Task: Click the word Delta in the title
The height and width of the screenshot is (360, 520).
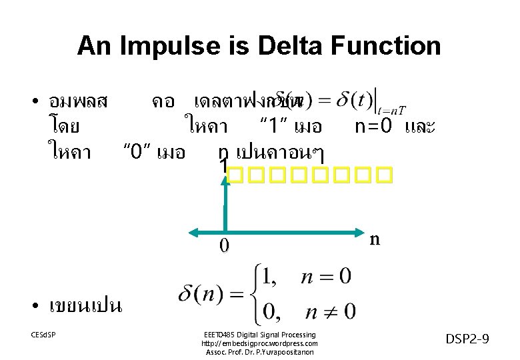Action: [x=270, y=46]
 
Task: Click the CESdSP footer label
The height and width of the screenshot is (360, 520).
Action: [x=43, y=334]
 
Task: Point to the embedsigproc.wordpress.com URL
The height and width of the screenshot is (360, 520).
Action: [x=259, y=343]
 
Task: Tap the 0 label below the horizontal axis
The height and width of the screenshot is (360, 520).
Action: [x=224, y=247]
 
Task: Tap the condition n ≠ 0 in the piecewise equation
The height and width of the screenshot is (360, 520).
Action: [x=330, y=311]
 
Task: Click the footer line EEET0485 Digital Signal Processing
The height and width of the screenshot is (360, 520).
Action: [x=259, y=334]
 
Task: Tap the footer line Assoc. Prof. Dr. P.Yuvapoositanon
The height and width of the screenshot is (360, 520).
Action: [x=259, y=352]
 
